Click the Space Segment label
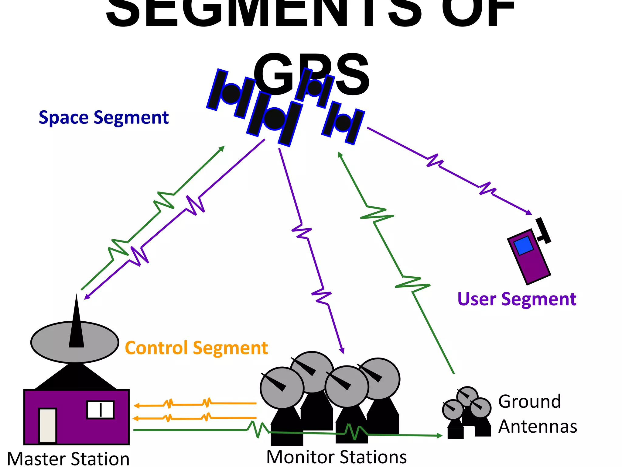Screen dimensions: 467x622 pos(104,118)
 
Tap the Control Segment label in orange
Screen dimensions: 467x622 pos(196,348)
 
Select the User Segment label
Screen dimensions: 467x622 pos(517,299)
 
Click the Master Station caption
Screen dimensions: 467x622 pos(68,458)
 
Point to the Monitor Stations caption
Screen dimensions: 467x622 pos(337,457)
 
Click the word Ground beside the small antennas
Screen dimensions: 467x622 pos(529,401)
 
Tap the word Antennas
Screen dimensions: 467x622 pos(538,426)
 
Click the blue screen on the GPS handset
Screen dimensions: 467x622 pos(523,246)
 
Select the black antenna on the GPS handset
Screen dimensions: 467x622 pos(543,231)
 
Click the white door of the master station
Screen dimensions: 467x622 pos(48,425)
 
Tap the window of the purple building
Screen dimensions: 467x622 pos(100,410)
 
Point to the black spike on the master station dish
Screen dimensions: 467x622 pos(76,325)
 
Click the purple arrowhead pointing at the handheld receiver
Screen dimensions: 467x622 pos(529,212)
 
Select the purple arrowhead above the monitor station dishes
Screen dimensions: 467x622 pos(342,351)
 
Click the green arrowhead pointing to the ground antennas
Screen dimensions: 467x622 pos(439,435)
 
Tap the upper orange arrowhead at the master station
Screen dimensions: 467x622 pos(137,406)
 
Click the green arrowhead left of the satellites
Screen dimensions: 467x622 pos(222,148)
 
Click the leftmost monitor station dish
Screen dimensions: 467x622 pos(282,388)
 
